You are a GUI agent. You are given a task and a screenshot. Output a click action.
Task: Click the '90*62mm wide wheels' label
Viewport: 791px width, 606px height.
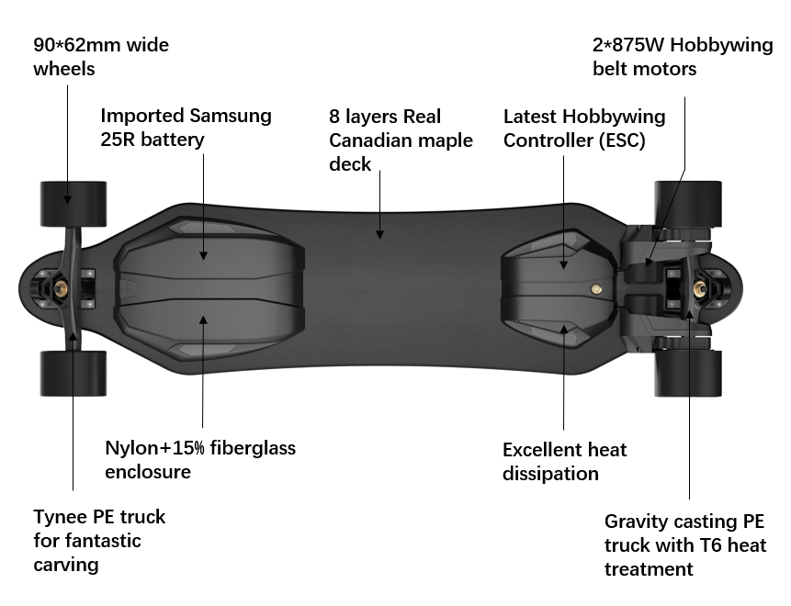coord(101,56)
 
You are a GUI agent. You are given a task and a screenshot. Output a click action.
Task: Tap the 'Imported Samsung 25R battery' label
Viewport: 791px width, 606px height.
coord(186,128)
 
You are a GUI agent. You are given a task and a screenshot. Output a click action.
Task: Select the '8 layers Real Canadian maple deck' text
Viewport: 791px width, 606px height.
coord(401,140)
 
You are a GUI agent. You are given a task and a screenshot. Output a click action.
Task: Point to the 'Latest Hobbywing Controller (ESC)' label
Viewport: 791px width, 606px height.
coord(584,129)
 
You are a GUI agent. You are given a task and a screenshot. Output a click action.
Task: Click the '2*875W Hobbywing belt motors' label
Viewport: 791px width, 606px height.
coord(682,56)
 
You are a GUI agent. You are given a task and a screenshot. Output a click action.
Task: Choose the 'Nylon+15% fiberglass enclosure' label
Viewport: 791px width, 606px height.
coord(200,459)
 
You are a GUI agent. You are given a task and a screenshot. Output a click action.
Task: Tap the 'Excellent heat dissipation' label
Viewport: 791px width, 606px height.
coord(564,461)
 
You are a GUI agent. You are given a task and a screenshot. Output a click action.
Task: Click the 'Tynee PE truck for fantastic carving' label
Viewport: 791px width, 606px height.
coord(99,540)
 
